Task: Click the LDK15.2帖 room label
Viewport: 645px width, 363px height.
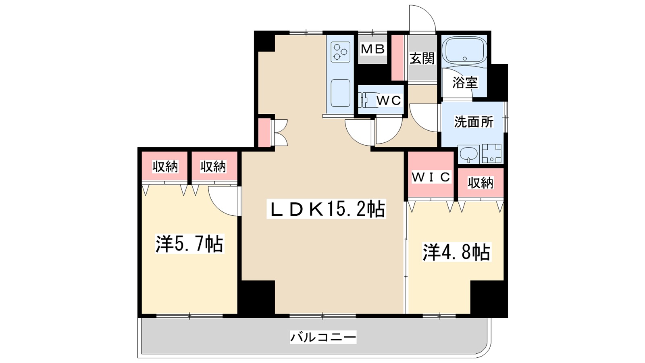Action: tap(326, 209)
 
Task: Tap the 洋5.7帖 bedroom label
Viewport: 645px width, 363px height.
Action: tap(189, 244)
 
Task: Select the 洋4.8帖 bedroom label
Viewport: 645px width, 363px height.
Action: tap(456, 252)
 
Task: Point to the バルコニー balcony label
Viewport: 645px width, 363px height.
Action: tap(323, 337)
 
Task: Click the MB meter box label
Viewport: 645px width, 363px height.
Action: tap(372, 49)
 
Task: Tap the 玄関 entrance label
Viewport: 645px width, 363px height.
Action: tap(422, 58)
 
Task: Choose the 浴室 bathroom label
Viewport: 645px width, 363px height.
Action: tap(465, 83)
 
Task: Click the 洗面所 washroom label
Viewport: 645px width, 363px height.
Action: tap(474, 121)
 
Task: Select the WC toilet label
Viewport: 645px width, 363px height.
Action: tap(389, 100)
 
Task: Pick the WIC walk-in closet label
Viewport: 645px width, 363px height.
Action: tap(431, 177)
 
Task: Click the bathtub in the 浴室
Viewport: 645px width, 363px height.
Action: tap(464, 50)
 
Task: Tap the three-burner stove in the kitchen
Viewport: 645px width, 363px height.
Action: tap(340, 52)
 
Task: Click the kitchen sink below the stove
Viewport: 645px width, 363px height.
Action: tap(341, 93)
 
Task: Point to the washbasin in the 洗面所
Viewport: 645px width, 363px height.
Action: tap(468, 154)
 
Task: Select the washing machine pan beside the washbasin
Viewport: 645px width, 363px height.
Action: tap(492, 154)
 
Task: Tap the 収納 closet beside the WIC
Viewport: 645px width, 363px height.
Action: tap(480, 183)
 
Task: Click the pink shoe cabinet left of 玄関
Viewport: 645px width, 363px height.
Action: tap(397, 58)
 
